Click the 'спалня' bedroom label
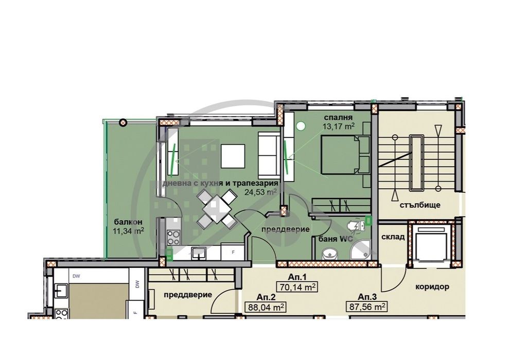(338, 118)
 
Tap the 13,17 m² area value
(338, 126)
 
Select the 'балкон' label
(128, 222)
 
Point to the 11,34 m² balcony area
(128, 231)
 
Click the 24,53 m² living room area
(260, 192)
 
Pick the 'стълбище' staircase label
(420, 205)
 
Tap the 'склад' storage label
(393, 237)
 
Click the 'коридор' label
(432, 286)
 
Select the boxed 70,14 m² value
(296, 287)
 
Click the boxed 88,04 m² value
(265, 307)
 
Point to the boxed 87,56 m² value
(367, 307)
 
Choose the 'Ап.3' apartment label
(367, 297)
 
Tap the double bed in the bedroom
(345, 155)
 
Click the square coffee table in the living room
(233, 156)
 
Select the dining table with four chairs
(216, 209)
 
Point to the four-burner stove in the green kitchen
(173, 238)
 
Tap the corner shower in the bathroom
(360, 250)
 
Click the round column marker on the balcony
(122, 122)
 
